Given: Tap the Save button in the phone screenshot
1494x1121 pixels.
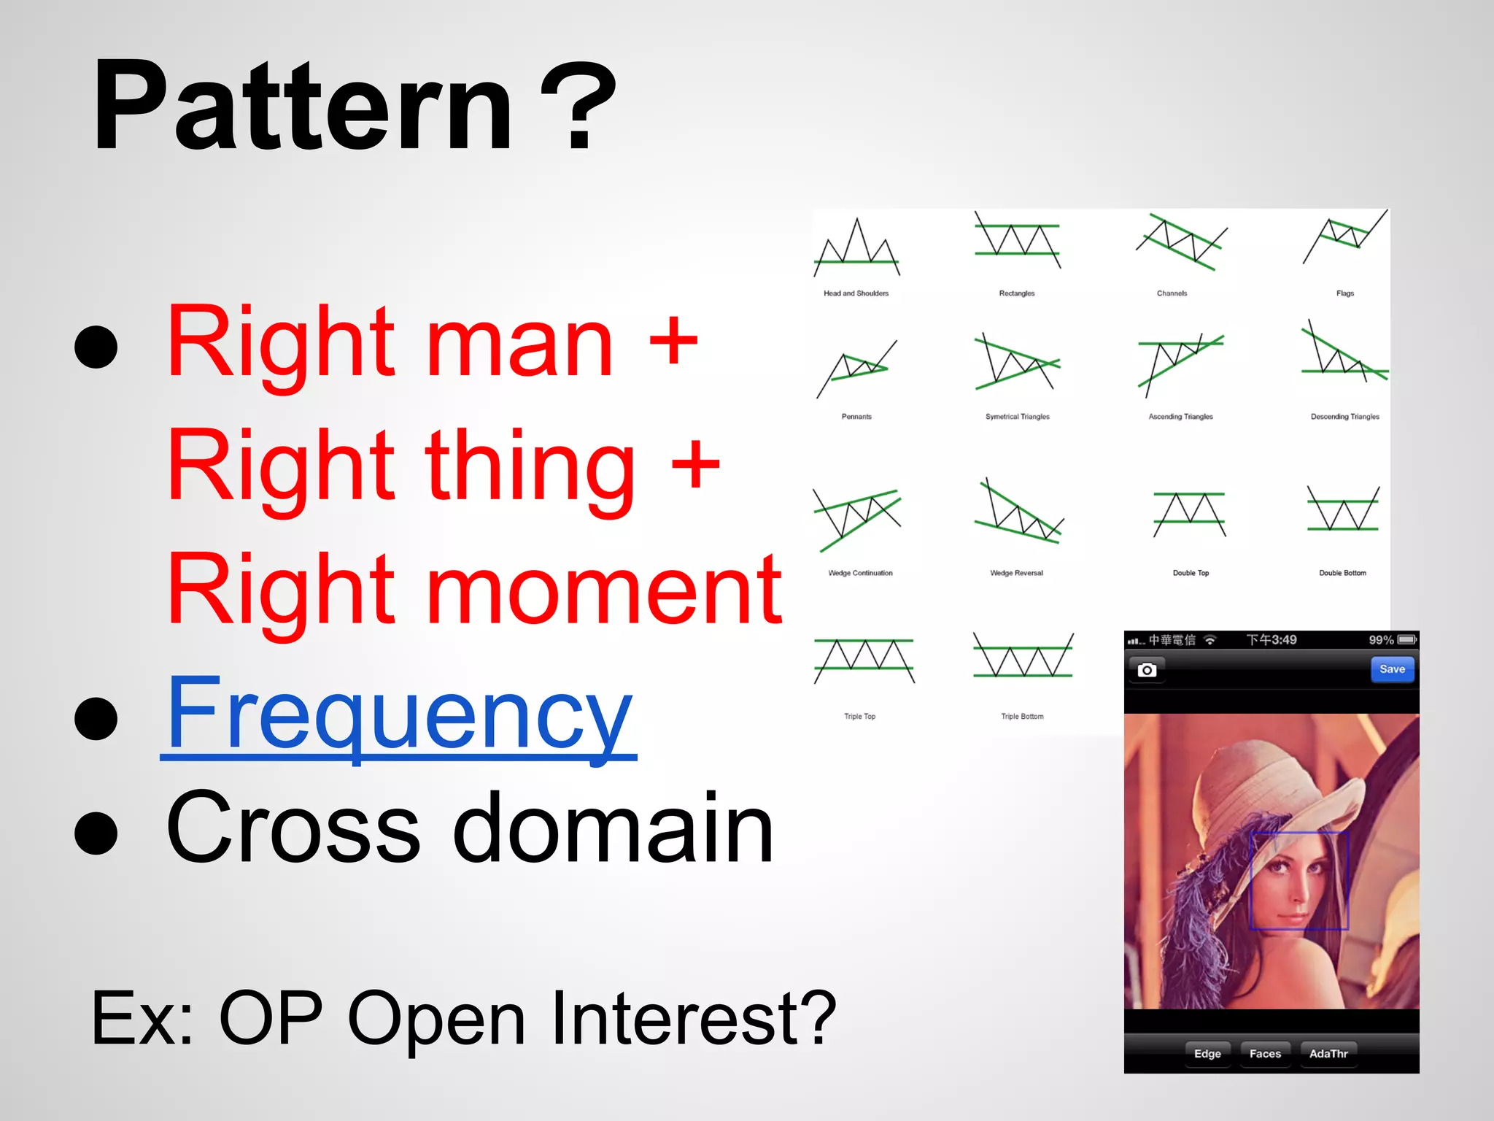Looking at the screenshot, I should click(1392, 669).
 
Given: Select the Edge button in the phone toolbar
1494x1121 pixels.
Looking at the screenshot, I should click(1207, 1054).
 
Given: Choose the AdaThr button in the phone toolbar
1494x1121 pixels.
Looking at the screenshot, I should click(1328, 1054).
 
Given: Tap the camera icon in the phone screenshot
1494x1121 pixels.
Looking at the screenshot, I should click(1147, 670).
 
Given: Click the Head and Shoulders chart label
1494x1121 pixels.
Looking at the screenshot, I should click(856, 293).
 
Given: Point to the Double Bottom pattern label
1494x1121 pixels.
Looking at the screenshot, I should click(1342, 573).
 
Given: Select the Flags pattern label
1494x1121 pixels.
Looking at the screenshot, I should click(1344, 293).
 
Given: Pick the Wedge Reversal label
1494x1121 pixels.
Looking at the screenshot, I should click(1016, 573).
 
